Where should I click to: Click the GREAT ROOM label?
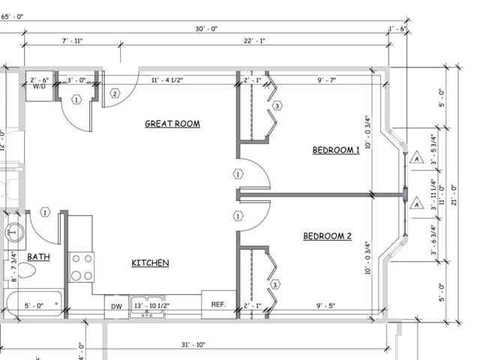click(172, 124)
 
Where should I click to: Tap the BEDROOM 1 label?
click(336, 151)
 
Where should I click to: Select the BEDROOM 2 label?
click(327, 237)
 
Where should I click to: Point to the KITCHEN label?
click(150, 263)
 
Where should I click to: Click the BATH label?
click(38, 257)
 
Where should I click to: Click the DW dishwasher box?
click(116, 306)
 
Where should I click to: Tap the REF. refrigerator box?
click(218, 304)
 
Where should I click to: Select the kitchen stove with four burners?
click(82, 268)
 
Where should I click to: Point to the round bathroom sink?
click(14, 232)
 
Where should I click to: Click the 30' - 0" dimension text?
click(205, 29)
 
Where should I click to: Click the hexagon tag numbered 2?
click(115, 94)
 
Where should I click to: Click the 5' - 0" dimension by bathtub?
click(34, 306)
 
